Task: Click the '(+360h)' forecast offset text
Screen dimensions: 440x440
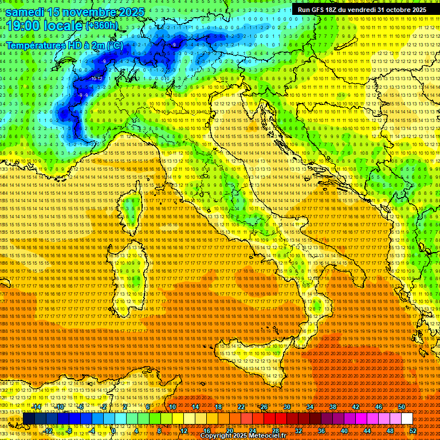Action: (x=103, y=25)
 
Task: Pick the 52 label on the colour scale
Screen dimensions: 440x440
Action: (x=412, y=431)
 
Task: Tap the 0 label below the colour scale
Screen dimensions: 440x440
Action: (x=113, y=431)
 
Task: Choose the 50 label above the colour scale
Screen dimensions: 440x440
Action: (x=402, y=407)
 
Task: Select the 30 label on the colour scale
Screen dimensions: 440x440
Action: (x=287, y=407)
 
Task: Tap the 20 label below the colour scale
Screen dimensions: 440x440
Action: (x=229, y=431)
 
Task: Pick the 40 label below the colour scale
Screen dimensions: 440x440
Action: (x=344, y=431)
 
